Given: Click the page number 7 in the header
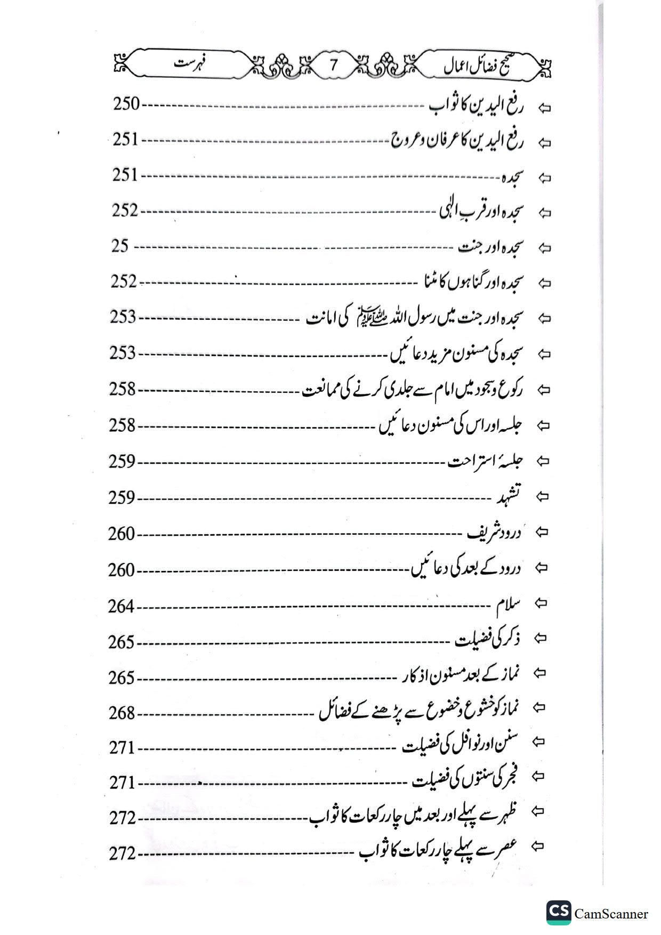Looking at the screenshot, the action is (x=334, y=65).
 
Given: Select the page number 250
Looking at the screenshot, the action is (x=126, y=104).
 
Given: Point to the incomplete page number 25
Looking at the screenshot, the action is (x=120, y=246).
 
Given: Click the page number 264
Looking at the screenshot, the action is (x=122, y=607).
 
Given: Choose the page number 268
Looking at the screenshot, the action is (x=122, y=713).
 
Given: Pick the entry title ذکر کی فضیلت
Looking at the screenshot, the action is (x=488, y=639).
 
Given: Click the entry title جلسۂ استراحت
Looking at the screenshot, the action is (x=486, y=461).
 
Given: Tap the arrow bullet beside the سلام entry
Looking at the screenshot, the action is (x=542, y=603).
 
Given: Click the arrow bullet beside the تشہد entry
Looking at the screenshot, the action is (x=543, y=496).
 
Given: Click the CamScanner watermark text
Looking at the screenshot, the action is (x=611, y=914).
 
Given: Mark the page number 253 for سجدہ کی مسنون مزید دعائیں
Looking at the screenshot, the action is (x=123, y=353).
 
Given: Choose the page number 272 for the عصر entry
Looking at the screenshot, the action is (x=123, y=854).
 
